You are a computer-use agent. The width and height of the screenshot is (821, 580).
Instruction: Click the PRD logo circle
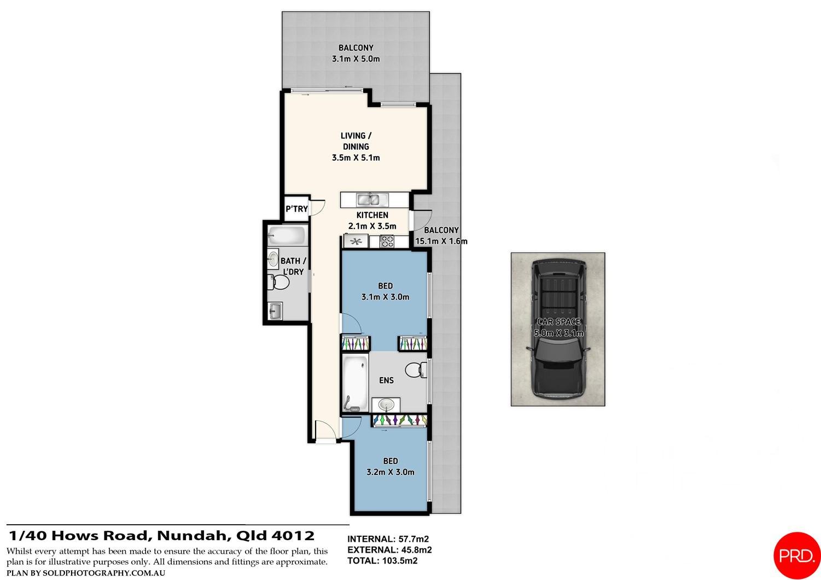click(x=797, y=555)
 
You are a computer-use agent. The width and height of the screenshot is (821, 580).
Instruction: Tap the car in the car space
click(x=558, y=329)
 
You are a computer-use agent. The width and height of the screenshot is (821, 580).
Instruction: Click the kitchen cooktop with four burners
click(x=387, y=241)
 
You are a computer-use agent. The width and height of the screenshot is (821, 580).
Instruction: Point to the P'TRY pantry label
click(x=296, y=209)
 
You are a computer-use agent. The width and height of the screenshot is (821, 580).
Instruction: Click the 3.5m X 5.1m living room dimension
click(x=356, y=158)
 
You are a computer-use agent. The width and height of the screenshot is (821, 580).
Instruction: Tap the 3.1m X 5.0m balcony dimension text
click(x=356, y=59)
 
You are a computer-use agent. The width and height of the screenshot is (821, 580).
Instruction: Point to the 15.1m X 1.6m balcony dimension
click(x=441, y=241)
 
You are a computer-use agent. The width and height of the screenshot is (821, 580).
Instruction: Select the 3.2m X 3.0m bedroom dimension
click(x=391, y=472)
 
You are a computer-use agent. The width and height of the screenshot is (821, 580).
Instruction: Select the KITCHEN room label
click(x=372, y=215)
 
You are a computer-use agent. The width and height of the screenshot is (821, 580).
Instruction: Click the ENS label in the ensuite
click(x=386, y=380)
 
